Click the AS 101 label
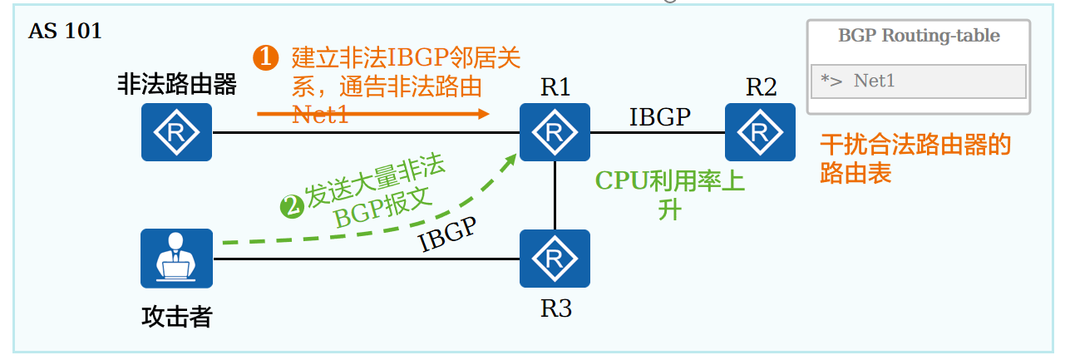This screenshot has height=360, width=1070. [65, 32]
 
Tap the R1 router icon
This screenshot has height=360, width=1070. [555, 132]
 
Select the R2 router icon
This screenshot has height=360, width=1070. [760, 132]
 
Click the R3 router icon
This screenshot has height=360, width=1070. [555, 258]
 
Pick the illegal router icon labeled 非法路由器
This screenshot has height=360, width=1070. [176, 132]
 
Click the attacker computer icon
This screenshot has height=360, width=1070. [176, 258]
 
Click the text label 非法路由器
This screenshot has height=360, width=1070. [176, 84]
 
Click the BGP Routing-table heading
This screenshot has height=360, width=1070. [919, 37]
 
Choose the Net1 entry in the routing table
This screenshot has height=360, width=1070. [874, 81]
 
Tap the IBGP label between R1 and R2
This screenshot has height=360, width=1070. [659, 117]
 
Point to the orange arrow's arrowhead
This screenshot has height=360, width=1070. [484, 114]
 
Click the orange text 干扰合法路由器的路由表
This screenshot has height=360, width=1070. [915, 159]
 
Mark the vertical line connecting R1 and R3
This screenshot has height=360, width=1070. [555, 195]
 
